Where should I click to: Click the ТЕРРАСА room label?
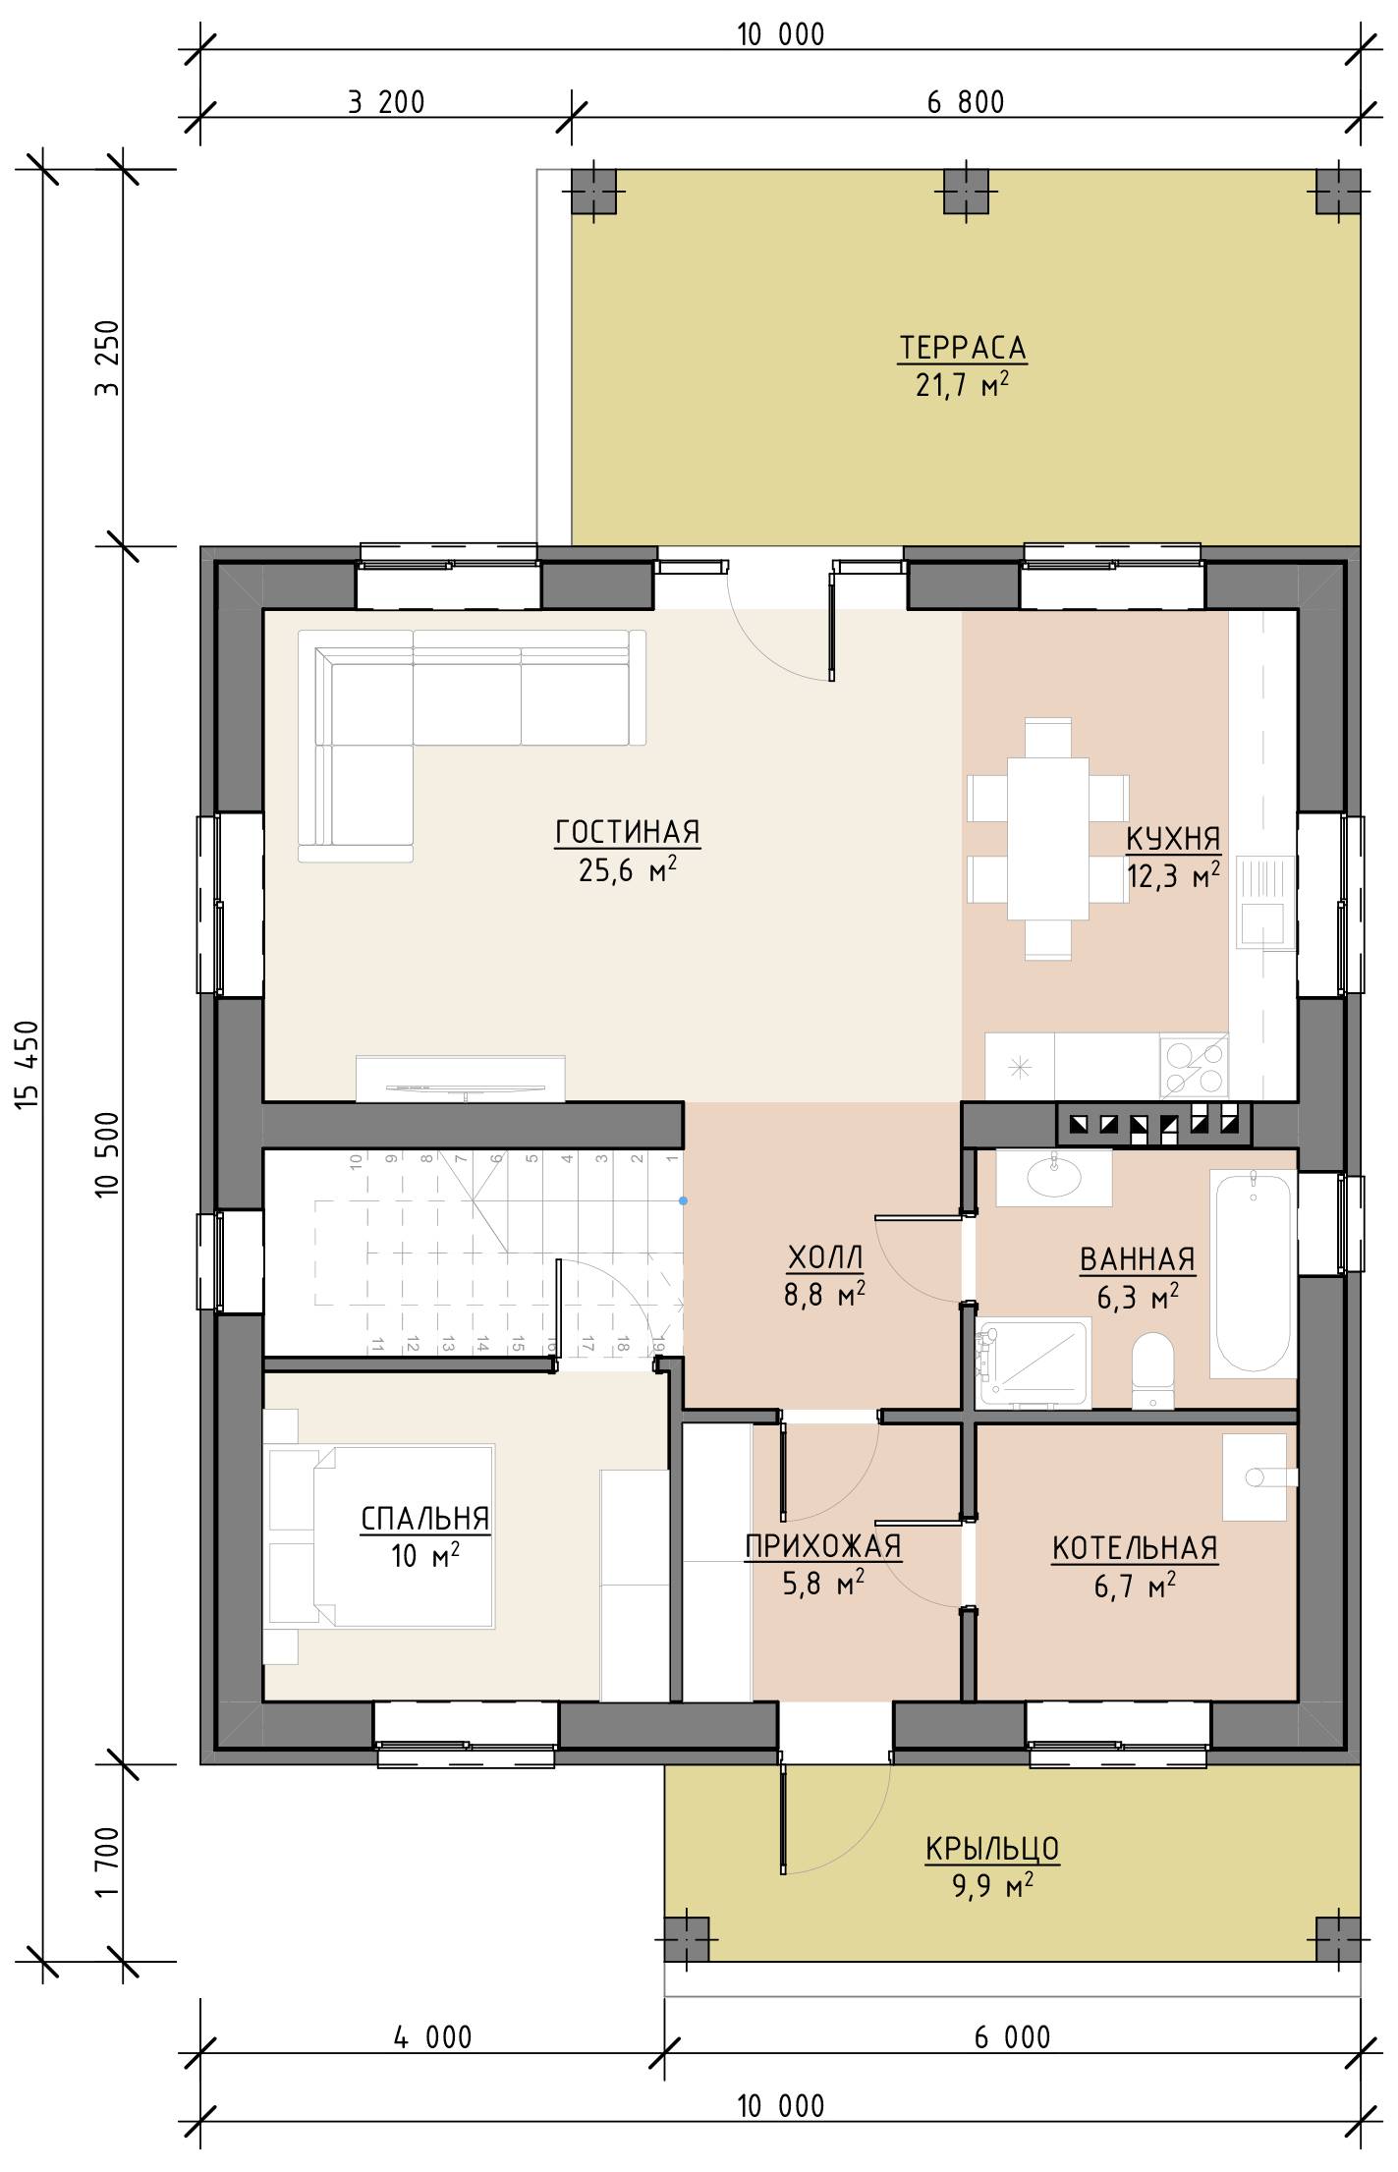[x=963, y=348]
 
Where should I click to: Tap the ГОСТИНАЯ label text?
[x=628, y=832]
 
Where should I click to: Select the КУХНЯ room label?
[x=1173, y=839]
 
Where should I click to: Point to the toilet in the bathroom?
[x=1151, y=1371]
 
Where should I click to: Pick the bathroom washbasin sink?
[x=1054, y=1176]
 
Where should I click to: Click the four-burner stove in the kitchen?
[x=1194, y=1066]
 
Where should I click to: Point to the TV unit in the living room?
[x=461, y=1078]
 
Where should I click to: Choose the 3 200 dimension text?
[x=386, y=101]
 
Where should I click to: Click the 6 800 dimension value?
[x=967, y=101]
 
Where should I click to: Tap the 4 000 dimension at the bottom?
[x=433, y=2037]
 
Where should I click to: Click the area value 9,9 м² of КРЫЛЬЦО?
[x=992, y=1886]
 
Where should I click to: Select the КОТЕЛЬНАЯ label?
[x=1135, y=1548]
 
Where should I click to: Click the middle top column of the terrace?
[x=967, y=192]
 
